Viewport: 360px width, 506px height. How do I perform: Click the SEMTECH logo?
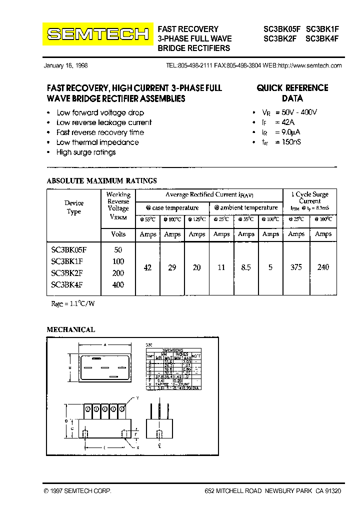[98, 34]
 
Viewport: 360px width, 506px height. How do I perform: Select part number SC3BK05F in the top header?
[281, 29]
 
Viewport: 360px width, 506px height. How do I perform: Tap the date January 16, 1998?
[66, 65]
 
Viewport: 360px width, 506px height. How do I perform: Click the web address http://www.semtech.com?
[309, 65]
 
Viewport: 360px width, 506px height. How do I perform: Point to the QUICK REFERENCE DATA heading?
[292, 93]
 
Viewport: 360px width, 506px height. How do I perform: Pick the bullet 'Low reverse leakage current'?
[104, 122]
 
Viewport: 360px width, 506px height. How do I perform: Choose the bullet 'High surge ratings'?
[86, 152]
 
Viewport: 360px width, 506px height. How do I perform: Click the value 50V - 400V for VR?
[299, 112]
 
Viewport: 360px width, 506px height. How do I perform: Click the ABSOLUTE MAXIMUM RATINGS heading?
[101, 180]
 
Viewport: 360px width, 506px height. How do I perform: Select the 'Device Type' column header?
[74, 207]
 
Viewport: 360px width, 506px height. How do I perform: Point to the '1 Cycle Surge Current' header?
[310, 197]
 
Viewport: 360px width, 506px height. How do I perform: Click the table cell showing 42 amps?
[147, 267]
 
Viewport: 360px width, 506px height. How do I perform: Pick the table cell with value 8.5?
[246, 267]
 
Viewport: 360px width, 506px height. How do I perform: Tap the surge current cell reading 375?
[296, 267]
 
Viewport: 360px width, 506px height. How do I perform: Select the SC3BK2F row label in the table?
[67, 273]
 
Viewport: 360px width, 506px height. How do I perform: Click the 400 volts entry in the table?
[118, 285]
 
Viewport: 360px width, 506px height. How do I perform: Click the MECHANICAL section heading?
[70, 329]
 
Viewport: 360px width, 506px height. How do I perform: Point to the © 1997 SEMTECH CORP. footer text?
[77, 491]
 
